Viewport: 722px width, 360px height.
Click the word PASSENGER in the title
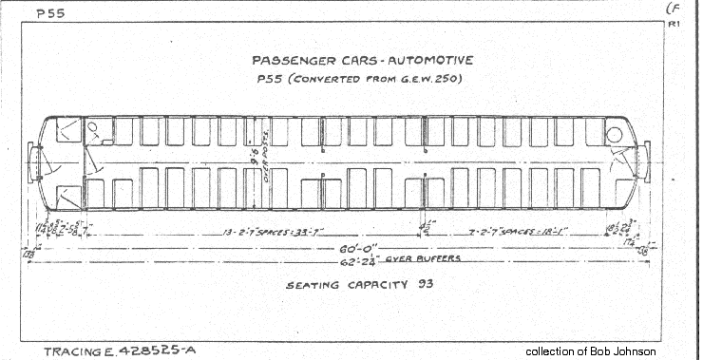[x=280, y=61]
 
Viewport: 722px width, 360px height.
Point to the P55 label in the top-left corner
[x=49, y=14]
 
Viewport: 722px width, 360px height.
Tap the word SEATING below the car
[x=315, y=283]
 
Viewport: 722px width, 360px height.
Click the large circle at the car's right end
[x=614, y=135]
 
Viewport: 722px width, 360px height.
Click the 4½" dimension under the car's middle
[x=425, y=226]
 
